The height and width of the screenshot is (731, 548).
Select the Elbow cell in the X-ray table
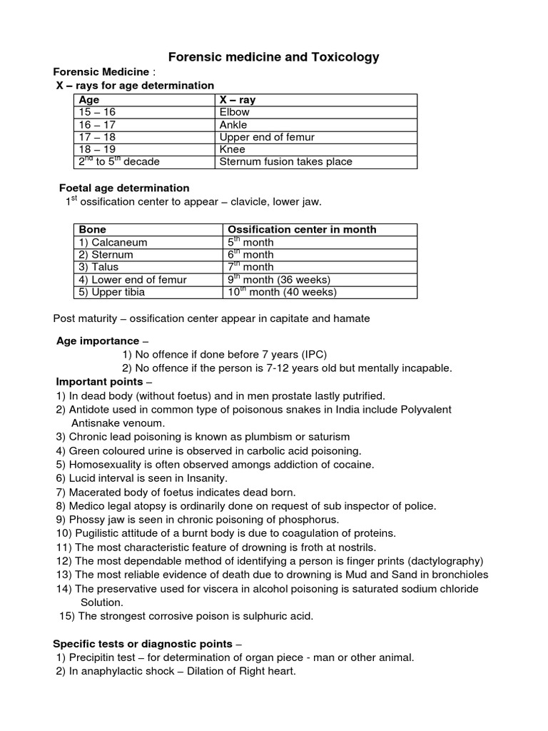[235, 112]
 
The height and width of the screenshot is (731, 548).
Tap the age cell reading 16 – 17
[95, 125]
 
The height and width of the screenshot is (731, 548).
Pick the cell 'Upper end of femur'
[267, 137]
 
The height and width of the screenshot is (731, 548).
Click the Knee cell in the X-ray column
[233, 149]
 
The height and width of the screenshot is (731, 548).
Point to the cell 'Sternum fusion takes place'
[285, 161]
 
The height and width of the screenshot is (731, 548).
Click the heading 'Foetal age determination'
[123, 188]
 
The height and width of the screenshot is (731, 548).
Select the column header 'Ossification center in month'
[302, 229]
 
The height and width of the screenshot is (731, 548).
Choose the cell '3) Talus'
[101, 267]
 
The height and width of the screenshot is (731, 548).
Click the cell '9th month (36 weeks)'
[278, 279]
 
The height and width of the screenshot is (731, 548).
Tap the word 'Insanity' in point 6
[206, 478]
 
